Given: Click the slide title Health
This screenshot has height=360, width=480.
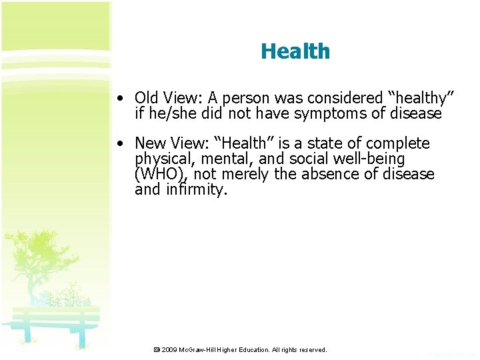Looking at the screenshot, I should click(295, 51).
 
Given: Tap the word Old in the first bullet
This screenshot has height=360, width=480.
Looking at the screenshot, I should click(147, 99).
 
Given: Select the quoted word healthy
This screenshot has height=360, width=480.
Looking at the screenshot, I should click(417, 99).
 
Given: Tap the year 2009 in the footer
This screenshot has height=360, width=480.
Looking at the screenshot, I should click(169, 349).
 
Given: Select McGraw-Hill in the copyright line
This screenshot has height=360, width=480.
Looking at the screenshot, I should click(201, 349).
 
